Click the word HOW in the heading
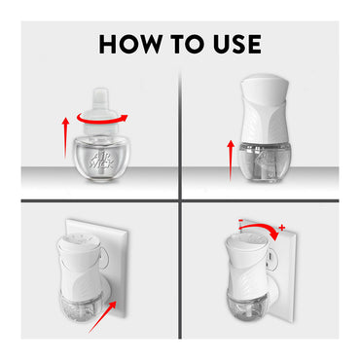pyautogui.click(x=131, y=44)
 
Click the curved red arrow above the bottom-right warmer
pyautogui.click(x=259, y=230)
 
